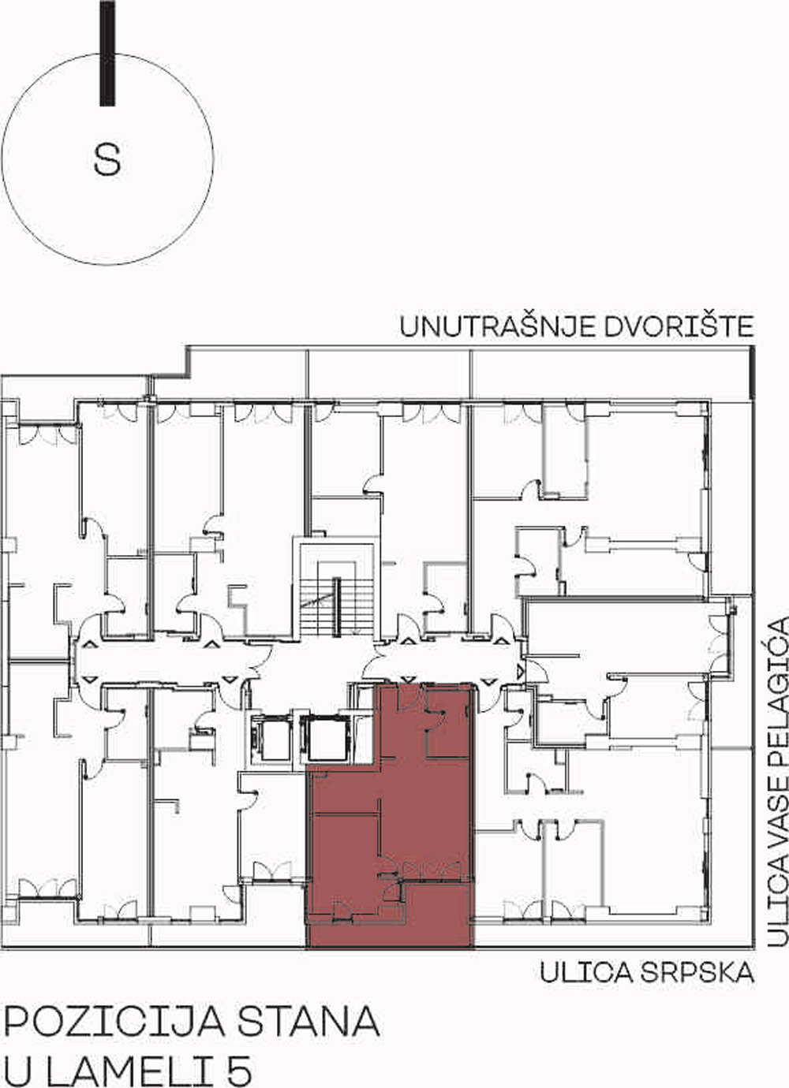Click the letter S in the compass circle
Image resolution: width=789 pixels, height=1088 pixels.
coord(107,159)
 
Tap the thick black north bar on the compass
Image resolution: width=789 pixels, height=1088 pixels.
coord(107,53)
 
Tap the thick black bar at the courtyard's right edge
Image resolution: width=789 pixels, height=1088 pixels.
coord(752,374)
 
